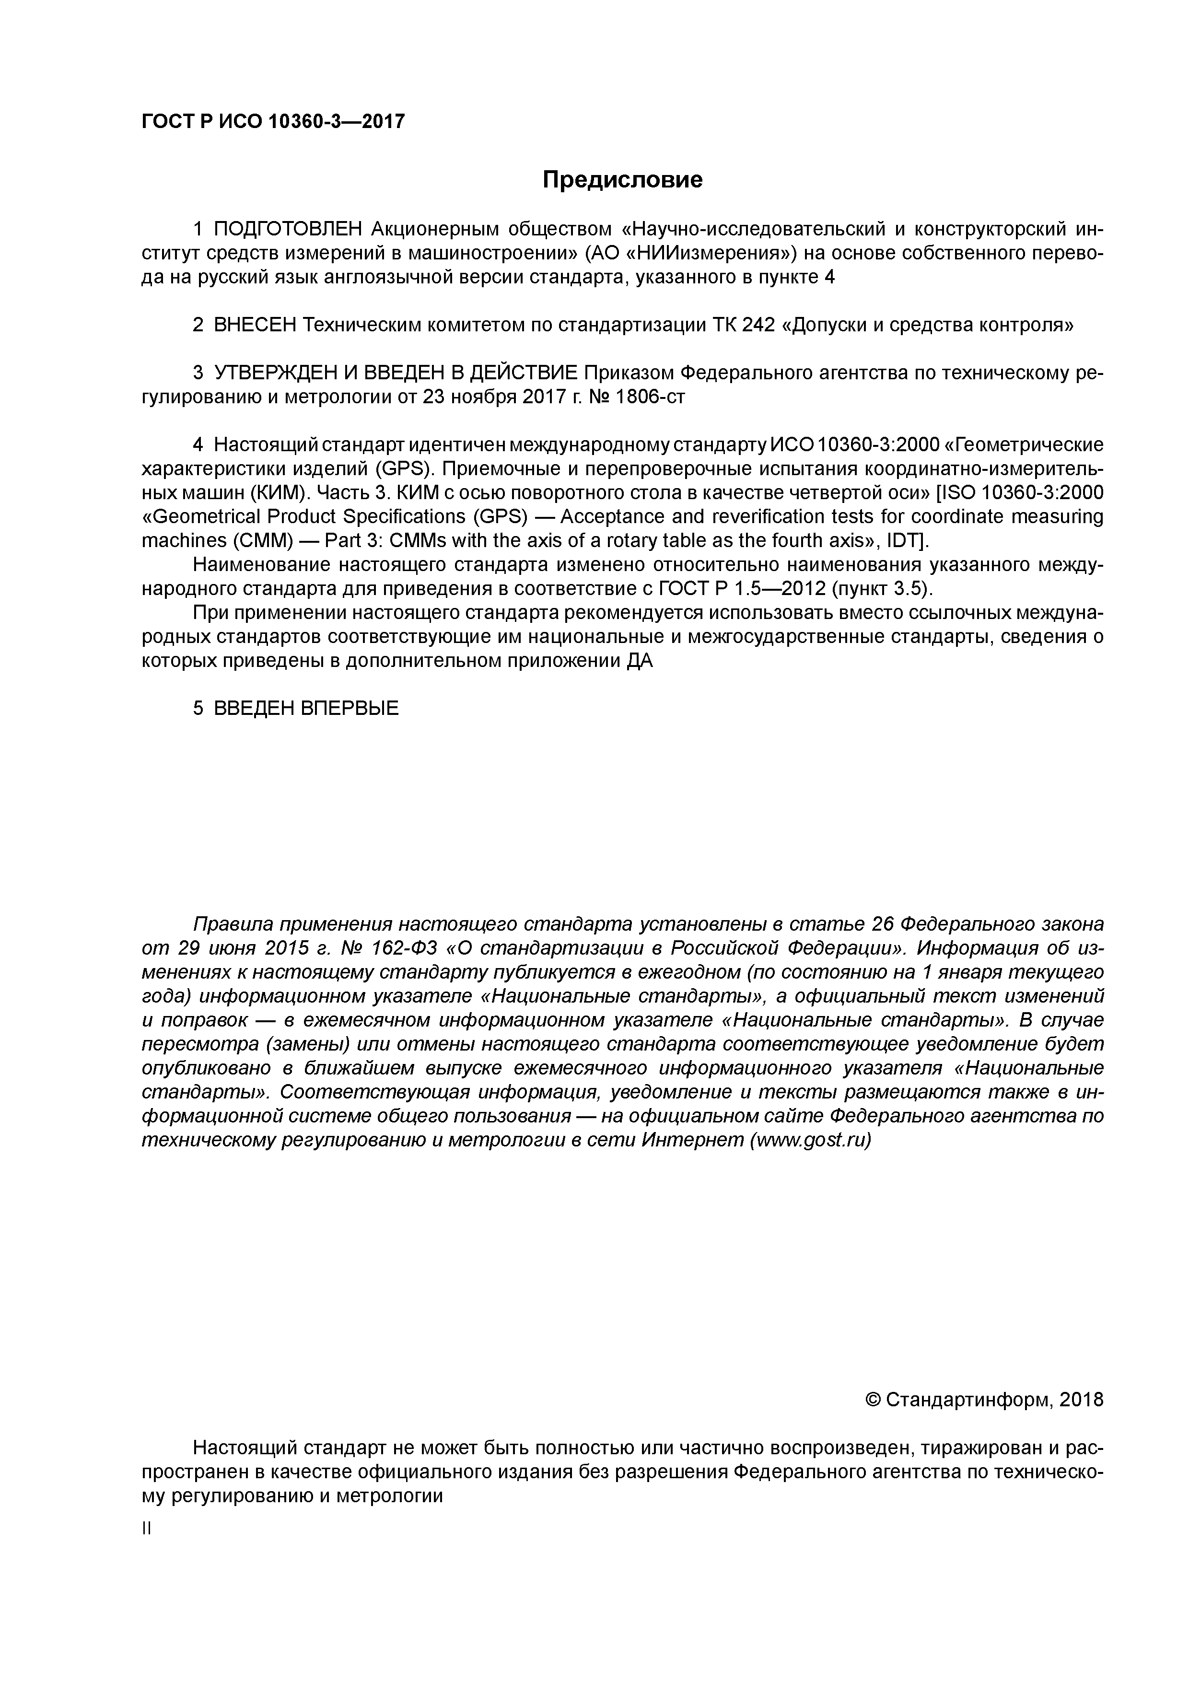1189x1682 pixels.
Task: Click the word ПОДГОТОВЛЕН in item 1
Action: tap(287, 229)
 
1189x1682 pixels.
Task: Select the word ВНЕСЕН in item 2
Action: tap(255, 325)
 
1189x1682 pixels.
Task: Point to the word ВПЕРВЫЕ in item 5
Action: tap(350, 708)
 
